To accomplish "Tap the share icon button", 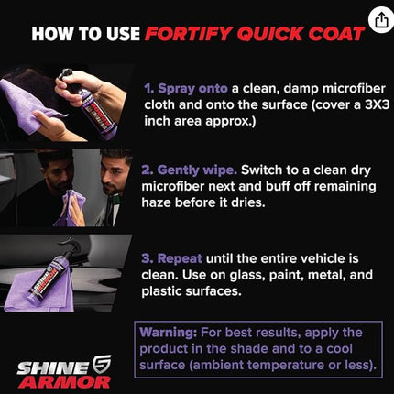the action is click(381, 20).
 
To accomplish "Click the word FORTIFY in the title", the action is click(189, 34).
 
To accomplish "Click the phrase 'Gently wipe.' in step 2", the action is click(190, 170).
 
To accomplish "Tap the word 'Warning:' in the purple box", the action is click(169, 333).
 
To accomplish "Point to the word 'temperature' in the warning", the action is click(286, 365).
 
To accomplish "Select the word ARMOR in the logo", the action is click(66, 382).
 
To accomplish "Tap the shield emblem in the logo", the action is click(102, 365).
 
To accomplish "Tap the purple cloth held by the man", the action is click(71, 209).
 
